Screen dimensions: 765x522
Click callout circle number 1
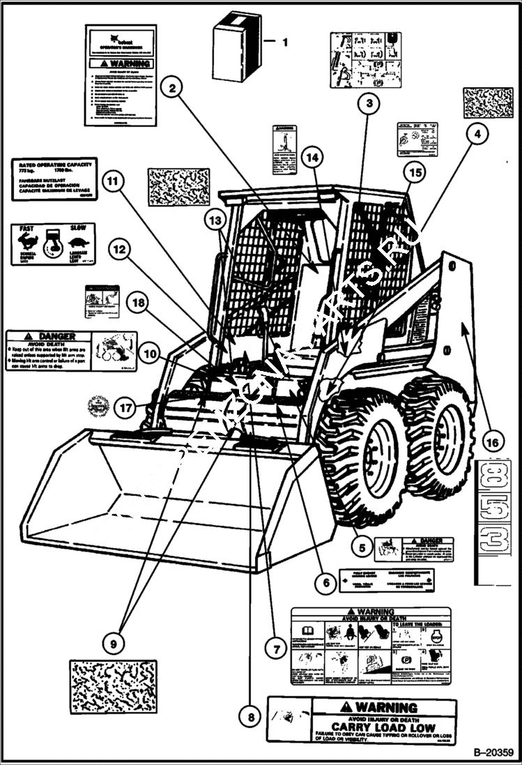click(284, 42)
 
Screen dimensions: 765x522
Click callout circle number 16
click(491, 441)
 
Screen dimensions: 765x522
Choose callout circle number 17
click(125, 408)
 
